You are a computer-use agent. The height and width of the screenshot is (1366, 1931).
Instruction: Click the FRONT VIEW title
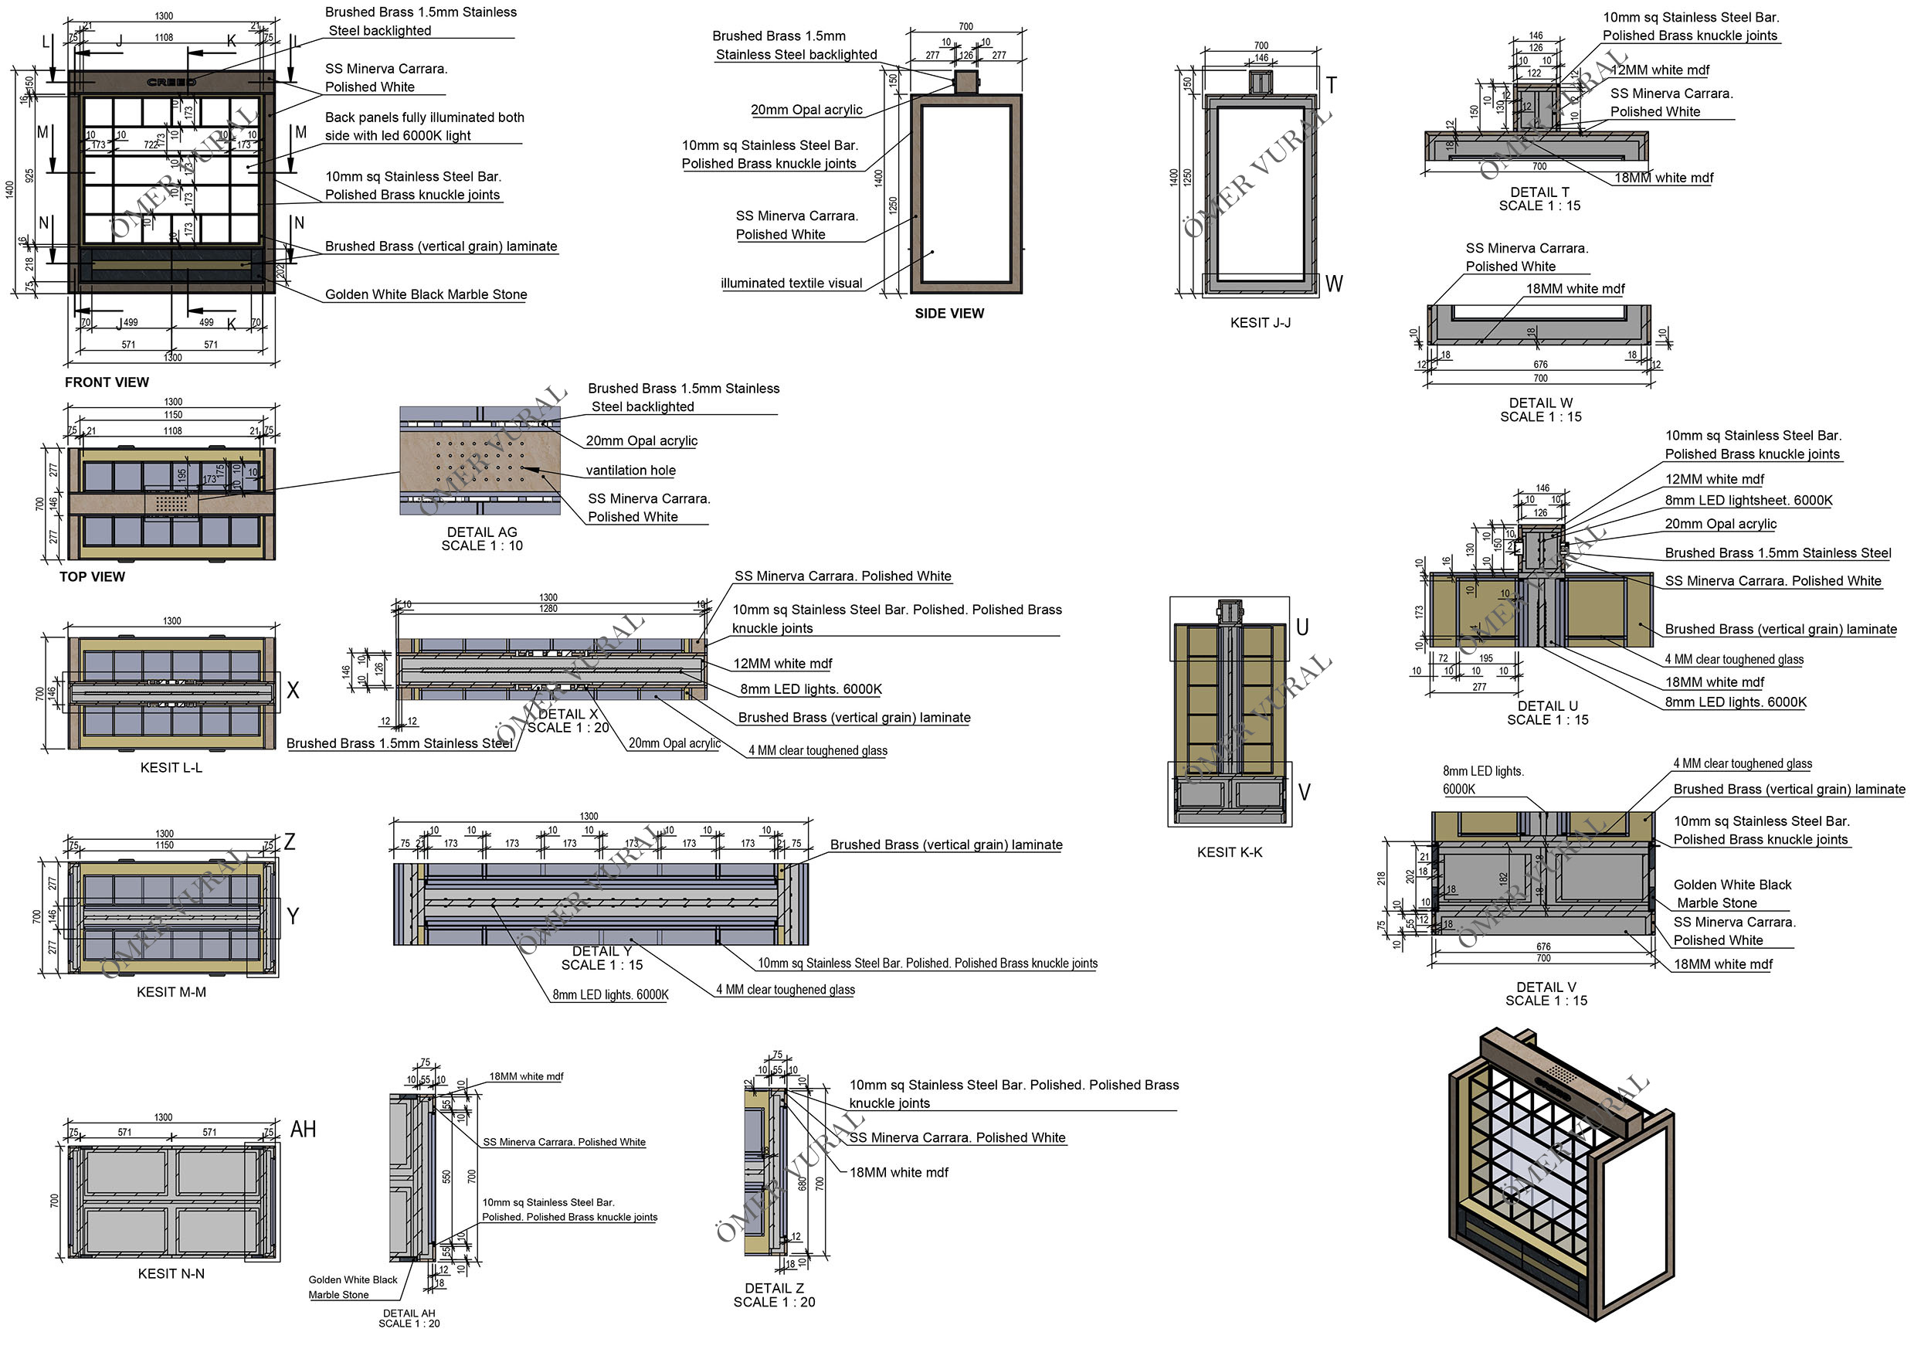pyautogui.click(x=107, y=382)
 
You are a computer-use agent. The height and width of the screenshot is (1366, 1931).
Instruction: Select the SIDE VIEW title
pyautogui.click(x=949, y=314)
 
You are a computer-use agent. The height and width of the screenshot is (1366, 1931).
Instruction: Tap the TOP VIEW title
pyautogui.click(x=92, y=577)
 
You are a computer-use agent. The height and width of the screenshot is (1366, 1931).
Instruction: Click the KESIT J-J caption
pyautogui.click(x=1260, y=323)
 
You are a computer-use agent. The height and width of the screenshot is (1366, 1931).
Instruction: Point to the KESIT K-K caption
pyautogui.click(x=1230, y=852)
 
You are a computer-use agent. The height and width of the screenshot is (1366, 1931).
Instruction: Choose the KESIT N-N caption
pyautogui.click(x=171, y=1273)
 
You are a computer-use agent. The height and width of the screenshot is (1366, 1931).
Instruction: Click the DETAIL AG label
pyautogui.click(x=482, y=532)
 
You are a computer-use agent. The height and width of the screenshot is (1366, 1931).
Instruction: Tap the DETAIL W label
pyautogui.click(x=1541, y=403)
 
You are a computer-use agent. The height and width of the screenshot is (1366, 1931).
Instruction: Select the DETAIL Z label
pyautogui.click(x=774, y=1289)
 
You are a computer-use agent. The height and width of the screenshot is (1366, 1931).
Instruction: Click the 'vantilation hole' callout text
pyautogui.click(x=631, y=471)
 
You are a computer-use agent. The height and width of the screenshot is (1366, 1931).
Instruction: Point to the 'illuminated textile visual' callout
pyautogui.click(x=792, y=284)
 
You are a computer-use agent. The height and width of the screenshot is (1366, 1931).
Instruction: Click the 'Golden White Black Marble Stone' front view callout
pyautogui.click(x=426, y=294)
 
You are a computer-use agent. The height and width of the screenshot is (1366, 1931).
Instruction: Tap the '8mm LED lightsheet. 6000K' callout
pyautogui.click(x=1749, y=501)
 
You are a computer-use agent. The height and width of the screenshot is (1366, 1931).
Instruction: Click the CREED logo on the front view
pyautogui.click(x=171, y=83)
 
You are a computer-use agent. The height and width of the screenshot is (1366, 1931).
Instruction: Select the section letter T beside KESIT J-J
pyautogui.click(x=1332, y=85)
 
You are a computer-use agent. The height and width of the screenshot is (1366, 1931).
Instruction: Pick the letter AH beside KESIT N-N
pyautogui.click(x=303, y=1130)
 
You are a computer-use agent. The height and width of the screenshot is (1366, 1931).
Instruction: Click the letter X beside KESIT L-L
pyautogui.click(x=293, y=691)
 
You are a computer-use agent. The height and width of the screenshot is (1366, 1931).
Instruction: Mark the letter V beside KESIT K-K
pyautogui.click(x=1305, y=793)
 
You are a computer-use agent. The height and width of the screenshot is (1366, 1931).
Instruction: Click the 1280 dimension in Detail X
pyautogui.click(x=548, y=608)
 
